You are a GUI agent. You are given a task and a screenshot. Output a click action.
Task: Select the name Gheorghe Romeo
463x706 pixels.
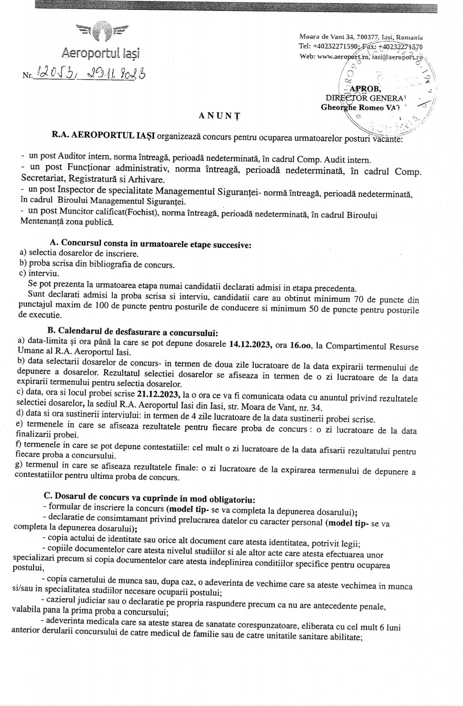pyautogui.click(x=352, y=108)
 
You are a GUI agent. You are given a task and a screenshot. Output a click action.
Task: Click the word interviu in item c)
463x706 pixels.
pyautogui.click(x=44, y=273)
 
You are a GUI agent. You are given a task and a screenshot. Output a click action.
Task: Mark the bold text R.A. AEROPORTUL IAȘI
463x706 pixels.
pyautogui.click(x=103, y=136)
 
